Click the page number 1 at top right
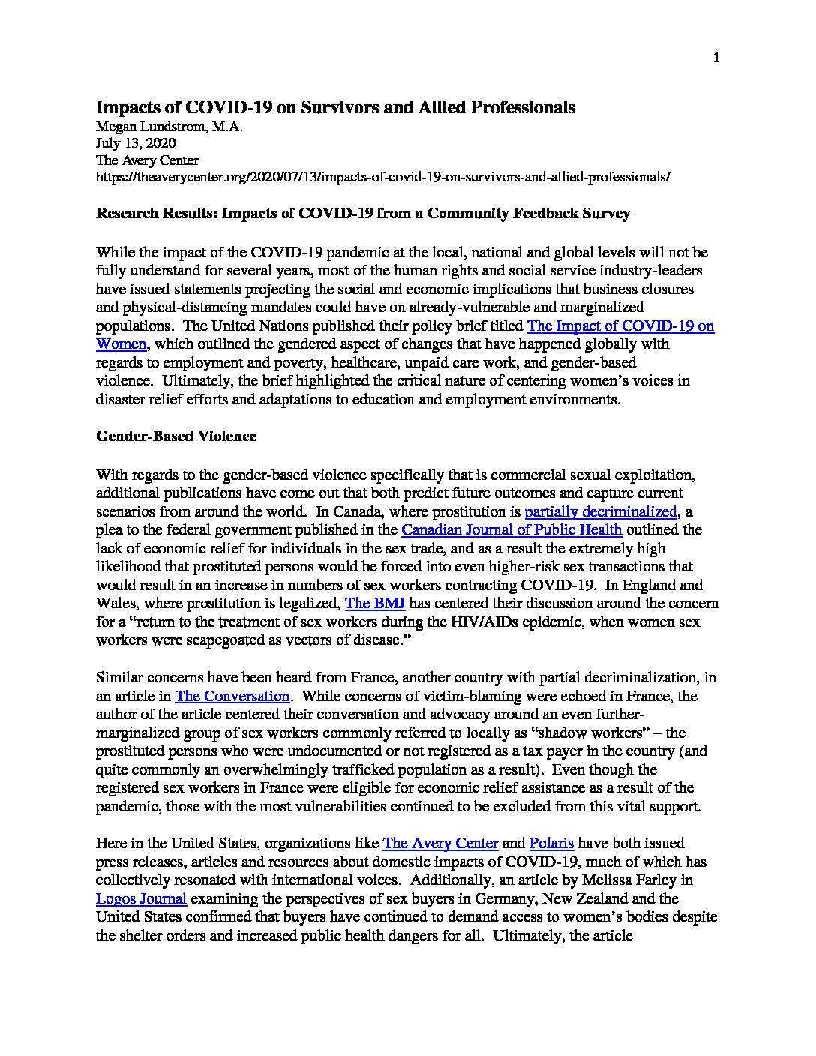click(x=716, y=58)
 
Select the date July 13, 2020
click(x=136, y=143)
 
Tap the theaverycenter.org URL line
click(x=382, y=178)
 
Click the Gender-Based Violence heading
click(x=176, y=436)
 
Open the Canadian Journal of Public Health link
click(x=511, y=530)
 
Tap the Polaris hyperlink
click(x=551, y=844)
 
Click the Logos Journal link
click(x=141, y=898)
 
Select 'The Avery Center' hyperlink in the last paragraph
click(x=440, y=844)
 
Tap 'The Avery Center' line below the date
click(x=147, y=160)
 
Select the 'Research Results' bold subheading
click(x=363, y=214)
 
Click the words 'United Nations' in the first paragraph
click(x=253, y=326)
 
